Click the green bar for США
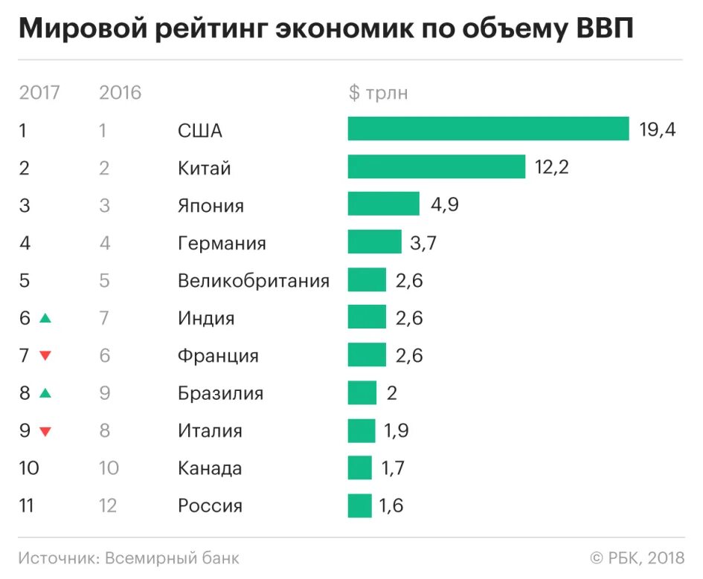coord(488,129)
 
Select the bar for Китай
coord(436,167)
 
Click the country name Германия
coord(222,243)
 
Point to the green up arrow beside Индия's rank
coord(45,318)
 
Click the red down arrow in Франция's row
coord(45,356)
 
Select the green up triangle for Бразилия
coord(45,393)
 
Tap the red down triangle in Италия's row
coord(45,431)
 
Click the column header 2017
coord(39,93)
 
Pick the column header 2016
coord(120,93)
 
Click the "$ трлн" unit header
coord(378,93)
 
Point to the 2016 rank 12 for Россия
coord(109,506)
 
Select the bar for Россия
coord(359,506)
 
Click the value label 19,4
coord(657,130)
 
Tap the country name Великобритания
coord(253,280)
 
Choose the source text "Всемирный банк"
coord(172,557)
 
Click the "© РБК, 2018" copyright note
coord(637,557)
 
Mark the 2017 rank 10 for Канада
coord(29,468)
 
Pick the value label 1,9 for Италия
coord(394,431)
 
